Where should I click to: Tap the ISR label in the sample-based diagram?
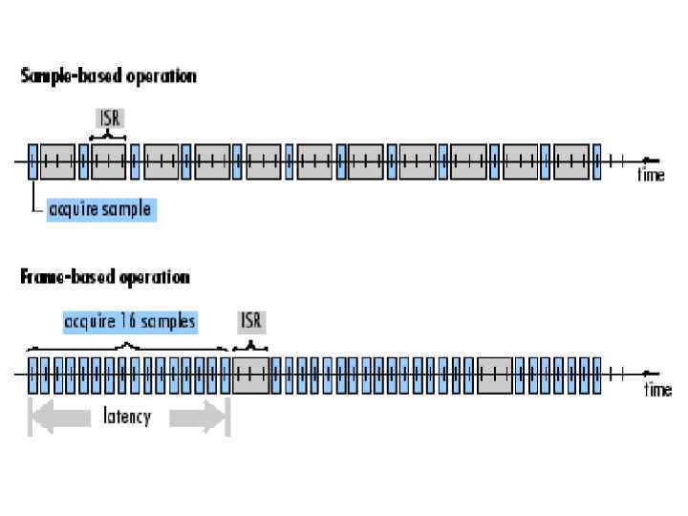point(111,118)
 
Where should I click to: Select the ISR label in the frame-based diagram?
point(251,322)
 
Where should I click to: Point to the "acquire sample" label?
point(99,208)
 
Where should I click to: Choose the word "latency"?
point(127,418)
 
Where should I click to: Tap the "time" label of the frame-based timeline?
point(657,389)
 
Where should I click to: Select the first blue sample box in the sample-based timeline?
point(32,161)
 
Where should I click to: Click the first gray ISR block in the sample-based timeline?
point(58,161)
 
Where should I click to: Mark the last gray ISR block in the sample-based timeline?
point(571,161)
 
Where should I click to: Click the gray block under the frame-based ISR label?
point(251,375)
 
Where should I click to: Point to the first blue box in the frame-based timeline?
point(33,375)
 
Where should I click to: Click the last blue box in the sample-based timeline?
point(596,161)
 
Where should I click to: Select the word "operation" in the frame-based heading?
point(154,277)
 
